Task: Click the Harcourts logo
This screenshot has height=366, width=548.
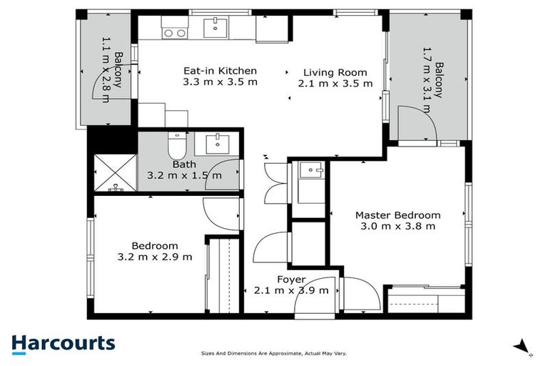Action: click(63, 342)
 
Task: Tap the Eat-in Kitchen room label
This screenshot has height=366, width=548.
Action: click(220, 71)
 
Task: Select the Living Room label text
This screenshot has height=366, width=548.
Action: click(335, 72)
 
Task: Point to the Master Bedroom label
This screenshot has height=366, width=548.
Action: click(397, 214)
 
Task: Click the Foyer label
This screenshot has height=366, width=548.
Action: click(290, 280)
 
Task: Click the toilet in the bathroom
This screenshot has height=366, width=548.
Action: click(176, 147)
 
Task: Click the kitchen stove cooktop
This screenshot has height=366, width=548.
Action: click(174, 32)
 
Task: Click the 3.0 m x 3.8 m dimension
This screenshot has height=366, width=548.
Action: click(397, 226)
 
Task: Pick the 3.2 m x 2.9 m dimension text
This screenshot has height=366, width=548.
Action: click(154, 257)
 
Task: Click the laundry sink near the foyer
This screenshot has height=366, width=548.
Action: click(311, 170)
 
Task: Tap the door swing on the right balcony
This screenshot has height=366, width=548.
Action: click(417, 123)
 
